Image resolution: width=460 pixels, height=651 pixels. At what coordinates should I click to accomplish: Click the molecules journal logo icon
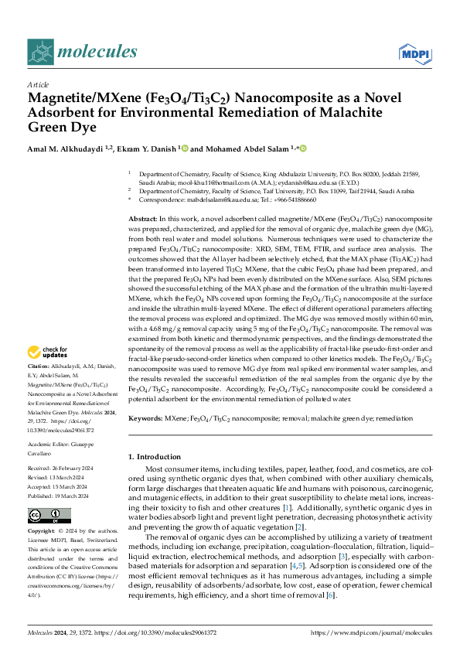tap(41, 52)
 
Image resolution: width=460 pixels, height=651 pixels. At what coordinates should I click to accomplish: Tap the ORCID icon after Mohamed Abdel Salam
tap(303, 148)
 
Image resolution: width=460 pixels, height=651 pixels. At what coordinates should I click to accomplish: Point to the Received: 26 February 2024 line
tap(61, 469)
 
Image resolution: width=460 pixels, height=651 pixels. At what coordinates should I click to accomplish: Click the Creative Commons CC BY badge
tap(39, 515)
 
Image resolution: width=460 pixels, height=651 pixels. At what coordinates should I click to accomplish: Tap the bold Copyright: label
tap(42, 532)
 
